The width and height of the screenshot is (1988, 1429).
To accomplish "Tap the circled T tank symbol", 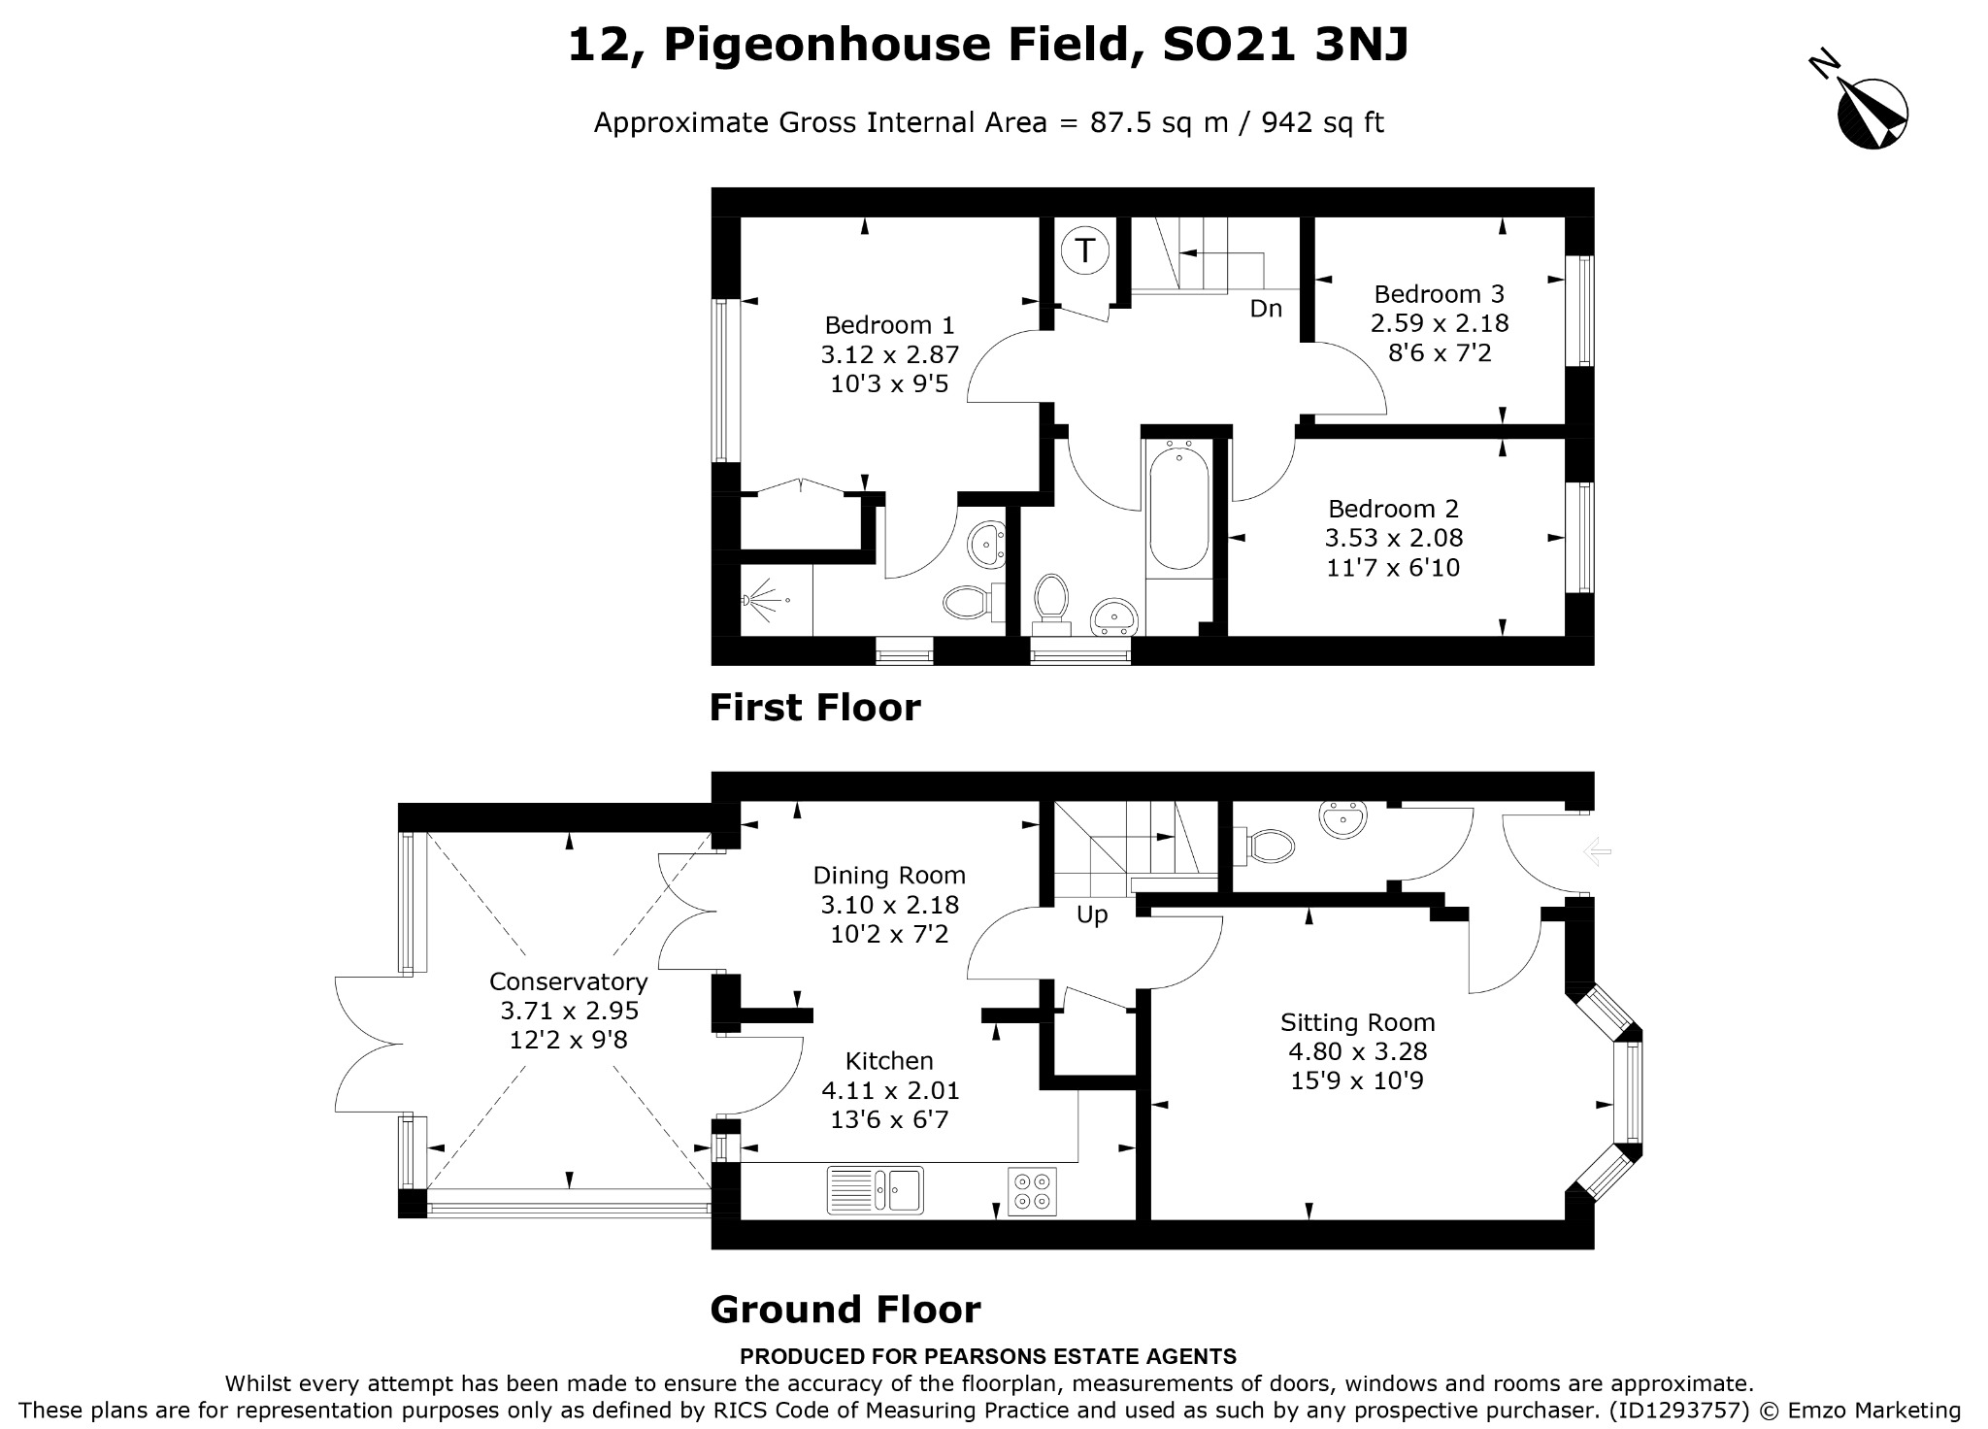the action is (1084, 250).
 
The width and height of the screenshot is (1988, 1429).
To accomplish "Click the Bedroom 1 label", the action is (889, 325).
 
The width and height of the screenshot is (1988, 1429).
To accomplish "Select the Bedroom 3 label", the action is (1439, 294).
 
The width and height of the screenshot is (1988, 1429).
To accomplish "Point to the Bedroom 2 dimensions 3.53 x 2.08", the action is (1394, 538).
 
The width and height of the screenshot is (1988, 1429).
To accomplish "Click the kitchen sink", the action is (875, 1190).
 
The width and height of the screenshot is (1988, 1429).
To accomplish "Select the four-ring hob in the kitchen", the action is (1032, 1191).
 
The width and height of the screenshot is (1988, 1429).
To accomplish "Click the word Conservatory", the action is (568, 981).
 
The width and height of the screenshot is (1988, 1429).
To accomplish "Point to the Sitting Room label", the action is (1357, 1022).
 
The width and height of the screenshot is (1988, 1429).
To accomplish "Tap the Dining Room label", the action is (889, 876).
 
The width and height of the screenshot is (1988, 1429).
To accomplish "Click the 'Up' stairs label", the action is (1092, 915).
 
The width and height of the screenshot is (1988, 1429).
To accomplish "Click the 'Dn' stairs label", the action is (1266, 309).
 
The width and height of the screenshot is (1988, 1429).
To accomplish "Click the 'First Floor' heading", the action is (814, 707).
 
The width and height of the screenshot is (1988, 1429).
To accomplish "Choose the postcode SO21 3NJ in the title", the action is (1285, 45).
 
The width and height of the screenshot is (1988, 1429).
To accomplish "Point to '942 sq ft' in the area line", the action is (1322, 123).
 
